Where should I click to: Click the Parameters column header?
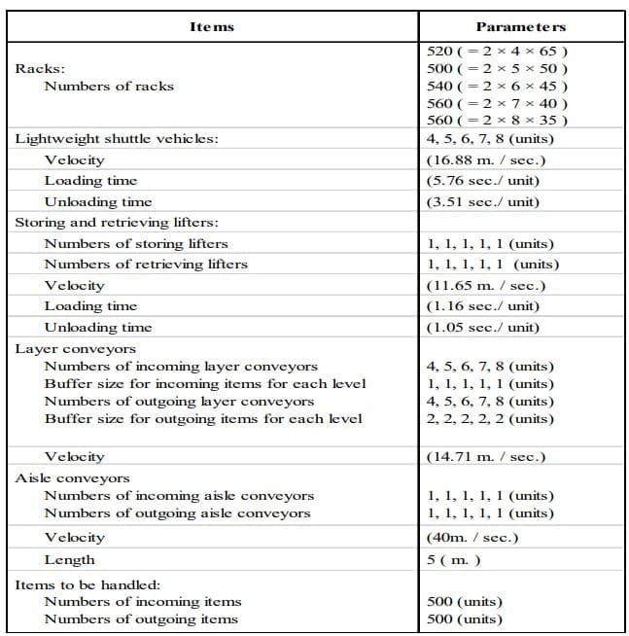521,26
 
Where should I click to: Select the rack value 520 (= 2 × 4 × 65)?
498,51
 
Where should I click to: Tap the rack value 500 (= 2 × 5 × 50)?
498,68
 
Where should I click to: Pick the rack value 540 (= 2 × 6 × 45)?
498,86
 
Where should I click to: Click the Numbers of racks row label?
109,86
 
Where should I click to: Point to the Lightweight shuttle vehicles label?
117,138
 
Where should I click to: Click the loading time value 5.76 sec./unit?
483,180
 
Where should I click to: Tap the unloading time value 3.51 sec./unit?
483,201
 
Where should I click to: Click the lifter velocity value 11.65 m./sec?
485,285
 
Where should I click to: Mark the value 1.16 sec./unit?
483,306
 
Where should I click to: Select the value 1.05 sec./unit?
483,327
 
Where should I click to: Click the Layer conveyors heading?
76,348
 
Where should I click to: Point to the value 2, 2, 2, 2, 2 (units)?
491,418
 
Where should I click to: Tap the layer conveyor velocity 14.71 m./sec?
485,456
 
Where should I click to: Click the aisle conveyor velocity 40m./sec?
472,537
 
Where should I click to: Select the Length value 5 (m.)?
453,559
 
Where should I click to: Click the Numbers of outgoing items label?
141,618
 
